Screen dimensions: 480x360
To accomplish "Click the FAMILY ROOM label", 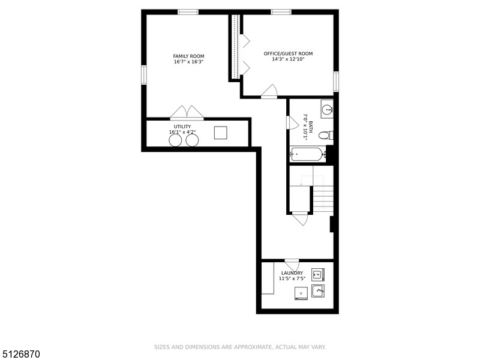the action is point(188,56).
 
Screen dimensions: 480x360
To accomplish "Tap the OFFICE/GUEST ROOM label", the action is point(289,54).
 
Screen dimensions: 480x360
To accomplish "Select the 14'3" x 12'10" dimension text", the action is point(289,59).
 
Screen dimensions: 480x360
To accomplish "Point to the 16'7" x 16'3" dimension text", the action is point(188,62).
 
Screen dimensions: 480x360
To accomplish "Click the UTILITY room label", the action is point(182,127).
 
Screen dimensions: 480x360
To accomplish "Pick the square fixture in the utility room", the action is point(220,133).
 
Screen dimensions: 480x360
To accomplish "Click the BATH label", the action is point(311,127).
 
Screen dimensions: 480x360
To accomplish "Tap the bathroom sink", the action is point(327,109).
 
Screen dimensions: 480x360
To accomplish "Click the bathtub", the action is point(307,154).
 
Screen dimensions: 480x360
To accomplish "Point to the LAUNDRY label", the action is point(292,273).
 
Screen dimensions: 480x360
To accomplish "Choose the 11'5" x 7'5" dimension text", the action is point(292,278).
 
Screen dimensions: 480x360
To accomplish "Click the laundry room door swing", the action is point(292,265).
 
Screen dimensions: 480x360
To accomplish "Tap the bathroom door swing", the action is point(292,122).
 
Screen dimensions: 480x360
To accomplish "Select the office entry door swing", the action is point(269,91).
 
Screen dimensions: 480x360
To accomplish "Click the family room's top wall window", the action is point(188,12).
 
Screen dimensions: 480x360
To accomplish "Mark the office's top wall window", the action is point(281,12).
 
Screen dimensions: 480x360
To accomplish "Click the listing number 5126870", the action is point(20,354).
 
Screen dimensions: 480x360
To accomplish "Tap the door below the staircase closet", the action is point(300,218).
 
